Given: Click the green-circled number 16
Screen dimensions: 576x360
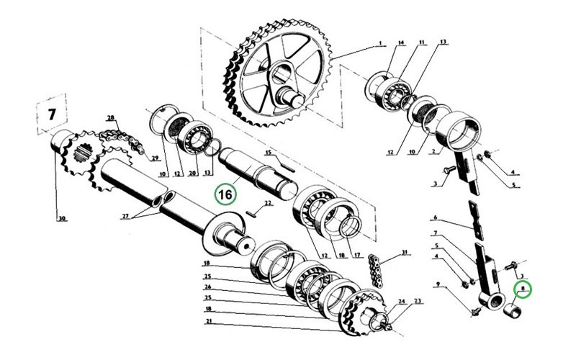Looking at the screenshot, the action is click(x=225, y=194).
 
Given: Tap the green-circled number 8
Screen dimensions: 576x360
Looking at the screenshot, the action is click(x=523, y=289).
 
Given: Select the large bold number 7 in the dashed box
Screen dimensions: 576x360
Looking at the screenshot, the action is click(x=52, y=114).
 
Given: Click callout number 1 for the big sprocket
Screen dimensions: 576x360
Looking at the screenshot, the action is click(x=381, y=43).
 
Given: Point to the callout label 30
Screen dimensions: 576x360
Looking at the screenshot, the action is click(x=62, y=219).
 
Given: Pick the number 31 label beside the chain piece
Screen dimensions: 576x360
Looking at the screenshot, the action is click(x=405, y=252).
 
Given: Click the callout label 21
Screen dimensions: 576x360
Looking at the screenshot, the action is click(x=209, y=321).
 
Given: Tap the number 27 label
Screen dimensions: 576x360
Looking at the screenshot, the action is click(x=125, y=217).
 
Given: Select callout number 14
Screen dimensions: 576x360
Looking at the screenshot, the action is click(x=401, y=43).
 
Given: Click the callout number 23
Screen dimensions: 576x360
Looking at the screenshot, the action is click(x=418, y=301).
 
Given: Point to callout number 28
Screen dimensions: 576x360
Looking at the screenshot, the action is click(x=111, y=118).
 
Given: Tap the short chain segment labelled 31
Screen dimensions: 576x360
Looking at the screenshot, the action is click(x=376, y=270).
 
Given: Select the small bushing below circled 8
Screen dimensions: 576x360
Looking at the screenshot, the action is click(x=513, y=311).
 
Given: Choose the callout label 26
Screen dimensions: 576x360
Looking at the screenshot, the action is click(x=208, y=287).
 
